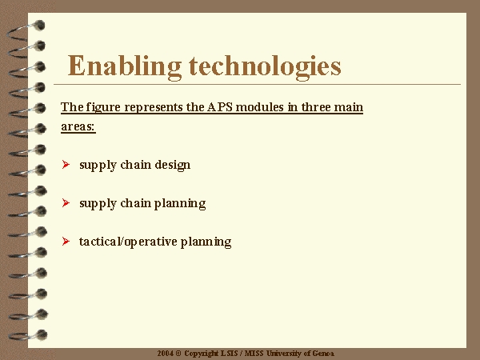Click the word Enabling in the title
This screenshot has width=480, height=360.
124,66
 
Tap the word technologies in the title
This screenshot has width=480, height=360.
265,66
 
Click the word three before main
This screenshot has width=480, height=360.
316,107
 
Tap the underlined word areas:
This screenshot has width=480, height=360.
78,126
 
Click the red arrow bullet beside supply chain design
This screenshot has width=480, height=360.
66,164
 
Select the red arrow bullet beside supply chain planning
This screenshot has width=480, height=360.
66,202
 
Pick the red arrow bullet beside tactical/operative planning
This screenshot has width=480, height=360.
66,242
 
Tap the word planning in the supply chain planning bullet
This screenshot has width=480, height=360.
180,204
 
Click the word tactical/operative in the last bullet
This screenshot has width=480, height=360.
128,242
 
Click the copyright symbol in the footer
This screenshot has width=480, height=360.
178,354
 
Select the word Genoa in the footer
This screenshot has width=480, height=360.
323,354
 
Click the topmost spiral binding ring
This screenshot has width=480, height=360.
26,30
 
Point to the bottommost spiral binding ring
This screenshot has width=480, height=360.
27,335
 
